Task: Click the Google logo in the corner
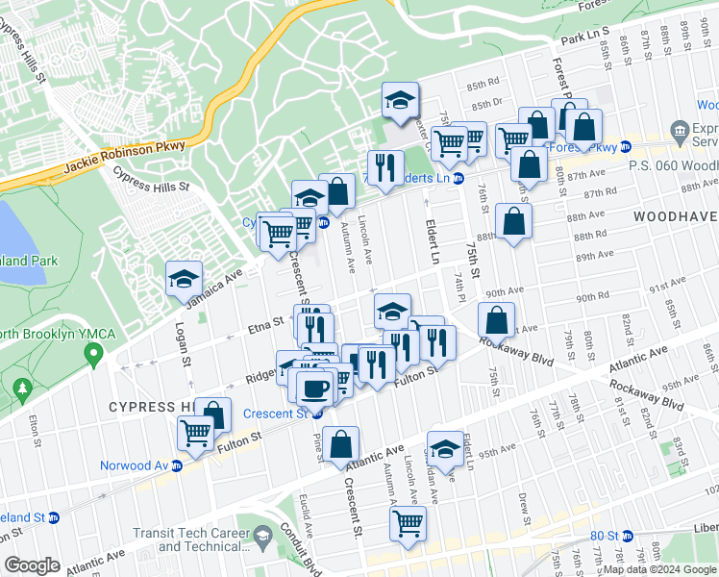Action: tap(32, 565)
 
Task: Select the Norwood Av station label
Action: tap(135, 466)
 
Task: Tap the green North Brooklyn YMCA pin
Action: tap(93, 357)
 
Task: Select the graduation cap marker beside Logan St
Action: tap(184, 279)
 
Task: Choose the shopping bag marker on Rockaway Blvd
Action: tap(496, 320)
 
